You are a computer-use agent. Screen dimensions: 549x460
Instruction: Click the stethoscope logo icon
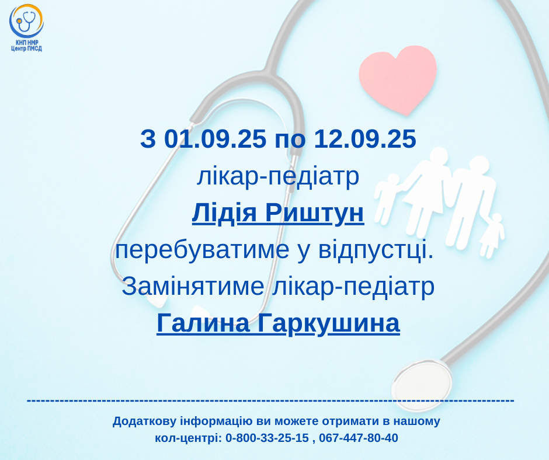(x=26, y=21)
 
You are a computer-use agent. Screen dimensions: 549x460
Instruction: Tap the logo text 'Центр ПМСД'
(x=26, y=48)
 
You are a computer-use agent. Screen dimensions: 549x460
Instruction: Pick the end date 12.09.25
(x=365, y=138)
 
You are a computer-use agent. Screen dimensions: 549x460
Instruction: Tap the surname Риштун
(x=314, y=212)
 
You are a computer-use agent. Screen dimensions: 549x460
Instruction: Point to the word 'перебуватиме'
(x=202, y=250)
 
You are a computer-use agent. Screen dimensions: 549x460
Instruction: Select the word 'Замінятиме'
(x=193, y=286)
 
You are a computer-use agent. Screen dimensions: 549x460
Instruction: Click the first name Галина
(x=203, y=323)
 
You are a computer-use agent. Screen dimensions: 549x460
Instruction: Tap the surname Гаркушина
(x=329, y=323)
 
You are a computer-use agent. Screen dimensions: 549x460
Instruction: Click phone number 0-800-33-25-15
(x=267, y=438)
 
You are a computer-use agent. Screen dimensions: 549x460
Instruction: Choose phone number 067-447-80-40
(x=359, y=438)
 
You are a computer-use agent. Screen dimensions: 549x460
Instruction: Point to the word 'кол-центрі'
(x=189, y=438)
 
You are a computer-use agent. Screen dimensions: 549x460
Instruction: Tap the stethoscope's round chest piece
(x=422, y=385)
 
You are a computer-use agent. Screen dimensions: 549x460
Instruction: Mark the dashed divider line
(x=270, y=400)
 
